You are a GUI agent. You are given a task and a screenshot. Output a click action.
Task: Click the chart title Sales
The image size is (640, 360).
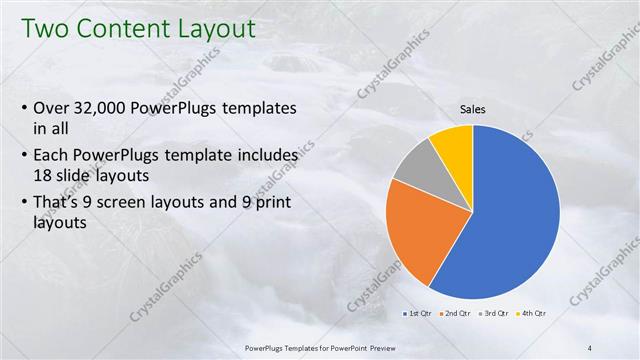[x=473, y=109]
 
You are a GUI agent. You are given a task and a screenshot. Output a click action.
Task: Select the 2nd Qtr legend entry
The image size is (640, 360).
[x=458, y=314]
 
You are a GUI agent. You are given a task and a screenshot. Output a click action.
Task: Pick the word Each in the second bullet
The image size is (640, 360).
[x=52, y=156]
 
